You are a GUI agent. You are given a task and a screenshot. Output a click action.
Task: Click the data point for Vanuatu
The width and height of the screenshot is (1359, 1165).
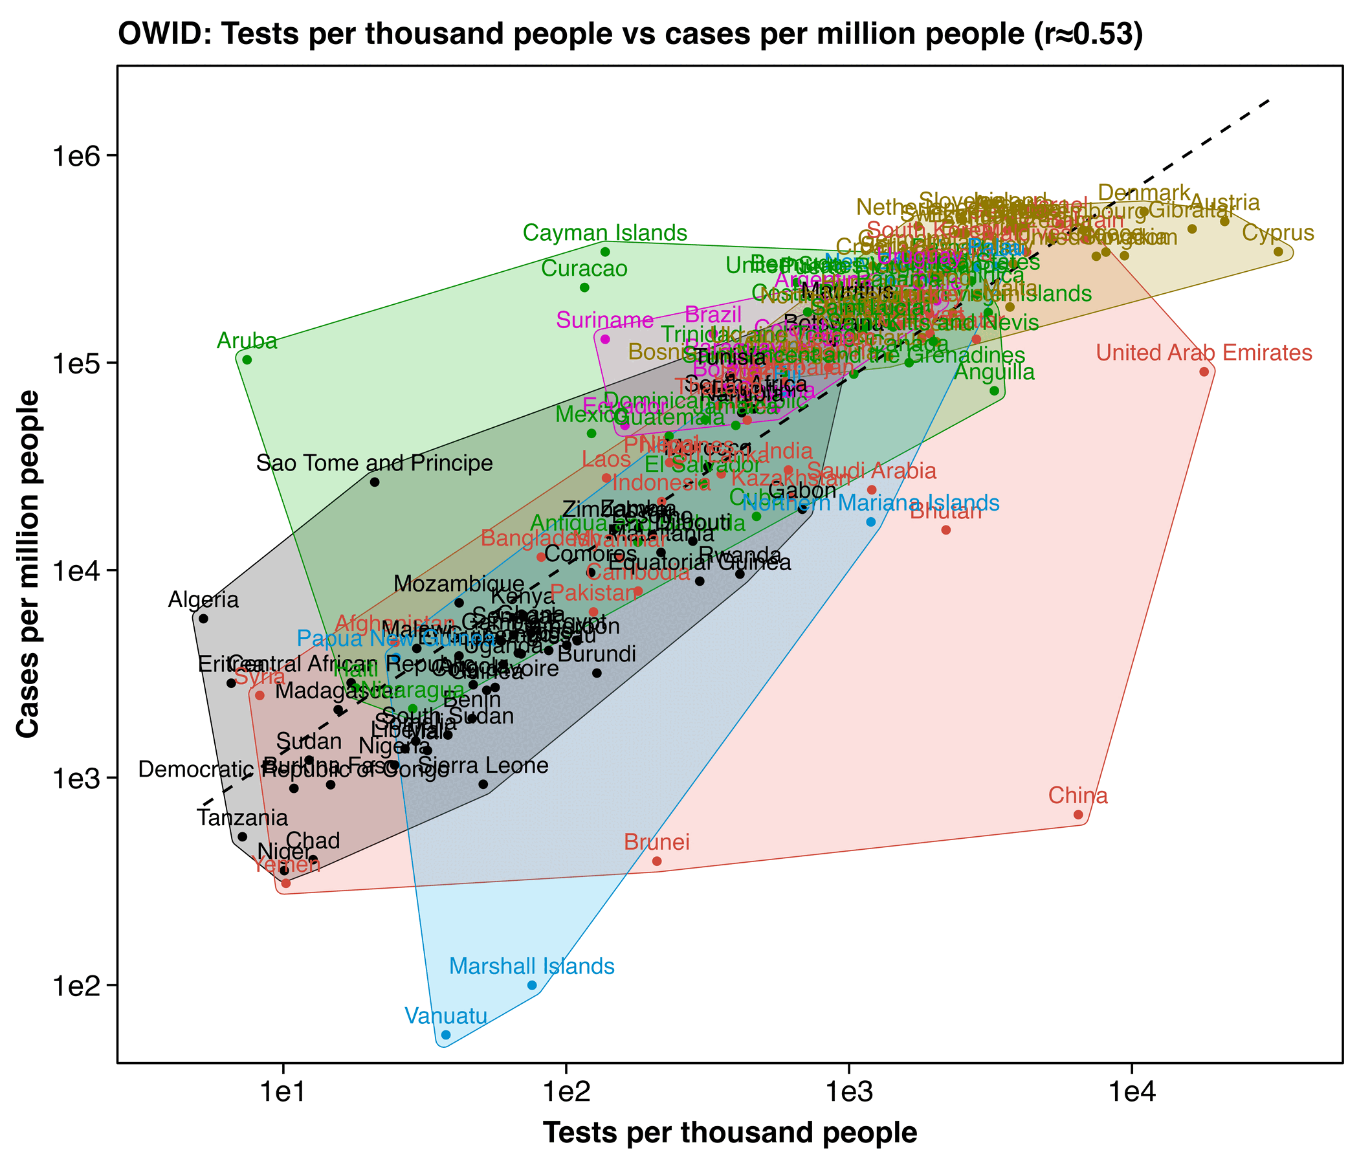click(446, 1035)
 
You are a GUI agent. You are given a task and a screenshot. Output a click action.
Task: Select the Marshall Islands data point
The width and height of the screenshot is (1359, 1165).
click(532, 985)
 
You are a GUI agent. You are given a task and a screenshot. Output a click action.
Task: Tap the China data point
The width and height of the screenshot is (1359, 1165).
click(1078, 815)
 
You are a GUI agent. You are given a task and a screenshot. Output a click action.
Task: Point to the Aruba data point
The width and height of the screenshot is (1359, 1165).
click(247, 359)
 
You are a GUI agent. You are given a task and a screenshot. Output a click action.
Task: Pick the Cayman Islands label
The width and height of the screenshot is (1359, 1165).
click(605, 233)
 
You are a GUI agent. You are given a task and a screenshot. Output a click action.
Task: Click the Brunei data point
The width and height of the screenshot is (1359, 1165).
click(657, 861)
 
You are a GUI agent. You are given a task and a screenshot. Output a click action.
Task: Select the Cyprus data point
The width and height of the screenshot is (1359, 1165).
click(1278, 252)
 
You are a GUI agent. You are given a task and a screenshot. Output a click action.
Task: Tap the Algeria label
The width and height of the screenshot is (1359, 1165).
click(203, 599)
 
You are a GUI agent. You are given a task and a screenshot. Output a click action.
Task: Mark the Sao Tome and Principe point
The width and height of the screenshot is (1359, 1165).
click(375, 482)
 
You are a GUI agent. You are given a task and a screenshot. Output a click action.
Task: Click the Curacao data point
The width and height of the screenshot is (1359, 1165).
click(584, 287)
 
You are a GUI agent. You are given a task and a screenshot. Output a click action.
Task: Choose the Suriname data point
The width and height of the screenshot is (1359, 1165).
click(605, 339)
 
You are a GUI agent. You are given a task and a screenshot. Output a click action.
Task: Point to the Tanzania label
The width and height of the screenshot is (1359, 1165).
click(242, 819)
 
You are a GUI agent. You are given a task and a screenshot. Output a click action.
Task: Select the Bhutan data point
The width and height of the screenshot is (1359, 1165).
click(945, 530)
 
